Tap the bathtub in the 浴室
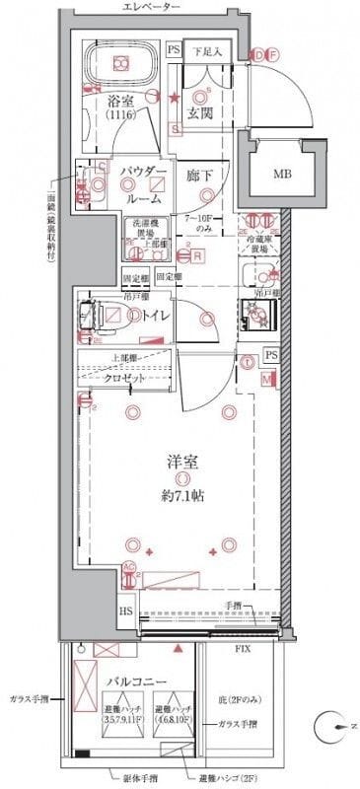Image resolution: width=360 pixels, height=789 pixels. click(120, 63)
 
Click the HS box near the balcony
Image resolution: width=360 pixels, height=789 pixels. click(126, 611)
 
